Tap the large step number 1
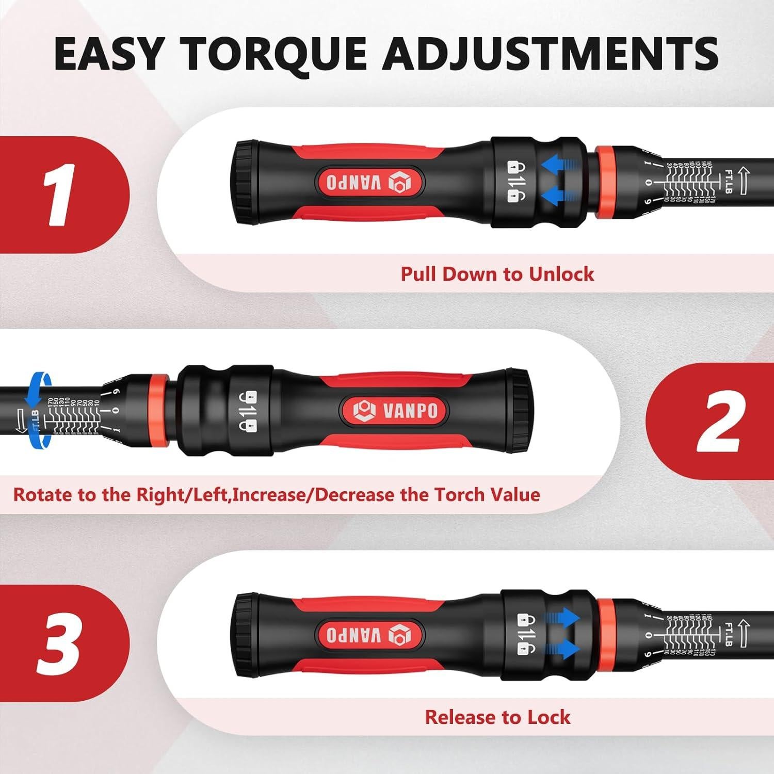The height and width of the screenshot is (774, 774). pos(58,195)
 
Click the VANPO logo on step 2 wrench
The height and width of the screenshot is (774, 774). pos(395,410)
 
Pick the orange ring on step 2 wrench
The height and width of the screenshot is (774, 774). pos(158,410)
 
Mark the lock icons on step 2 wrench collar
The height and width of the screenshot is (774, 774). pos(248,410)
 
